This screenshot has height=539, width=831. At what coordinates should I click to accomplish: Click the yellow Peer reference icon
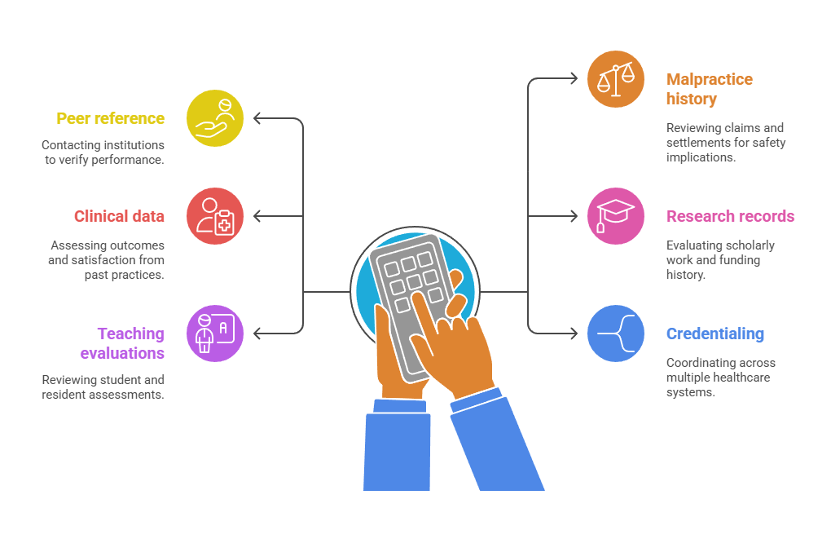pos(215,118)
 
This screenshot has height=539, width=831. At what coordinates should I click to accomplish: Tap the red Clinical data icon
pos(215,216)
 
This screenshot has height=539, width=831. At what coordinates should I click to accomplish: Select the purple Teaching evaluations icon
pos(215,333)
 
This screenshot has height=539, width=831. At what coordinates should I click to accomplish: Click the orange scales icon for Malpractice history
pos(616,79)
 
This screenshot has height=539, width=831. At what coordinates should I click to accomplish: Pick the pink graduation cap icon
pos(616,216)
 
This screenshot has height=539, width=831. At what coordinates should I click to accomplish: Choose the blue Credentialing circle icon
pos(616,334)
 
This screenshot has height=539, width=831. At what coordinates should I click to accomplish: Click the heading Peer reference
pos(110,118)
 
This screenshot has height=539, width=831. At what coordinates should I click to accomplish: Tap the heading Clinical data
pos(119,216)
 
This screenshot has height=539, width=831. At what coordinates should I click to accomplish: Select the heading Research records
pos(730,216)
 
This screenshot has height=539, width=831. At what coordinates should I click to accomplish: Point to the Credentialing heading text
pos(714,334)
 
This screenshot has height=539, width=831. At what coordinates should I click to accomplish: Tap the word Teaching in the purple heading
pos(130,334)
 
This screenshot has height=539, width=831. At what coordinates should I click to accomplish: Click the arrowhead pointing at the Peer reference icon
pos(257,118)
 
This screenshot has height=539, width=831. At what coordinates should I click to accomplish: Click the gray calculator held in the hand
pos(399,285)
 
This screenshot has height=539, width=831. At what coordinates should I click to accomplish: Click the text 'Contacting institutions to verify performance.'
pos(103,152)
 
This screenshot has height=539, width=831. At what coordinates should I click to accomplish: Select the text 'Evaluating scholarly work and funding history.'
pos(720,260)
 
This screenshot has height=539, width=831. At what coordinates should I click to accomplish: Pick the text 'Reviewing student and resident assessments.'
pos(103,387)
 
